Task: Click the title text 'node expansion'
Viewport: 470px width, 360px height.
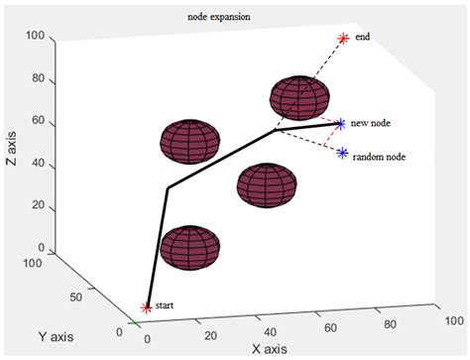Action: click(219, 18)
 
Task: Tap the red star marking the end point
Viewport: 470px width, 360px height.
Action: click(343, 39)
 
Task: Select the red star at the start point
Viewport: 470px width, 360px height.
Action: click(147, 308)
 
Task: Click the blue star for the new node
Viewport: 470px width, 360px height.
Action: click(340, 124)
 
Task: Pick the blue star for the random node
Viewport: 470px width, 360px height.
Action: click(342, 153)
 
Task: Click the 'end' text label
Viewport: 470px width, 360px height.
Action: click(362, 38)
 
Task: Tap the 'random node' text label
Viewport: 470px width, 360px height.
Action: click(381, 157)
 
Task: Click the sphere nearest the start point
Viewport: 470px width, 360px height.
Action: click(189, 248)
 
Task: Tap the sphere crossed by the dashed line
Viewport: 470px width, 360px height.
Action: click(298, 97)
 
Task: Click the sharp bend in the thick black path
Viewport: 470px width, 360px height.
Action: click(168, 186)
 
